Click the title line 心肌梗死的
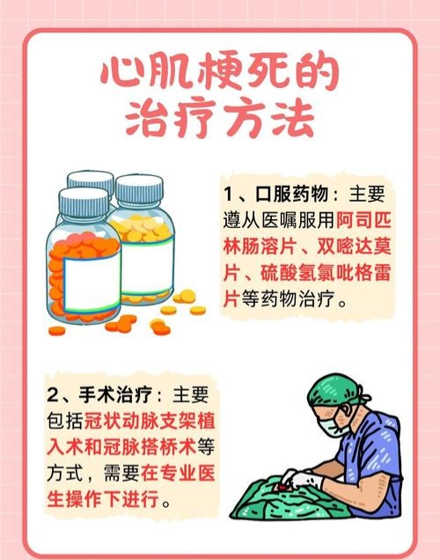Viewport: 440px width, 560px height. tap(218, 74)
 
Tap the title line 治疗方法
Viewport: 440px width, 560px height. tap(220, 118)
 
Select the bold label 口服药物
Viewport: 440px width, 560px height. tap(291, 195)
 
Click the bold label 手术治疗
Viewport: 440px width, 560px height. tap(115, 395)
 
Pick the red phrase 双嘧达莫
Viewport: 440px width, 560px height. tap(354, 247)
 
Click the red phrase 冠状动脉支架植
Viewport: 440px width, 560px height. tap(150, 421)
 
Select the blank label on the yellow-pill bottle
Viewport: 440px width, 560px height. tap(147, 267)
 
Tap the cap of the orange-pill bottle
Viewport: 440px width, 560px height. tap(84, 203)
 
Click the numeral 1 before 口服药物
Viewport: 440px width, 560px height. tap(229, 195)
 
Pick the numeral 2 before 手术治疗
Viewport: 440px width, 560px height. tap(52, 395)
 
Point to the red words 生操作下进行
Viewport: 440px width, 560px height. tap(103, 498)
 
